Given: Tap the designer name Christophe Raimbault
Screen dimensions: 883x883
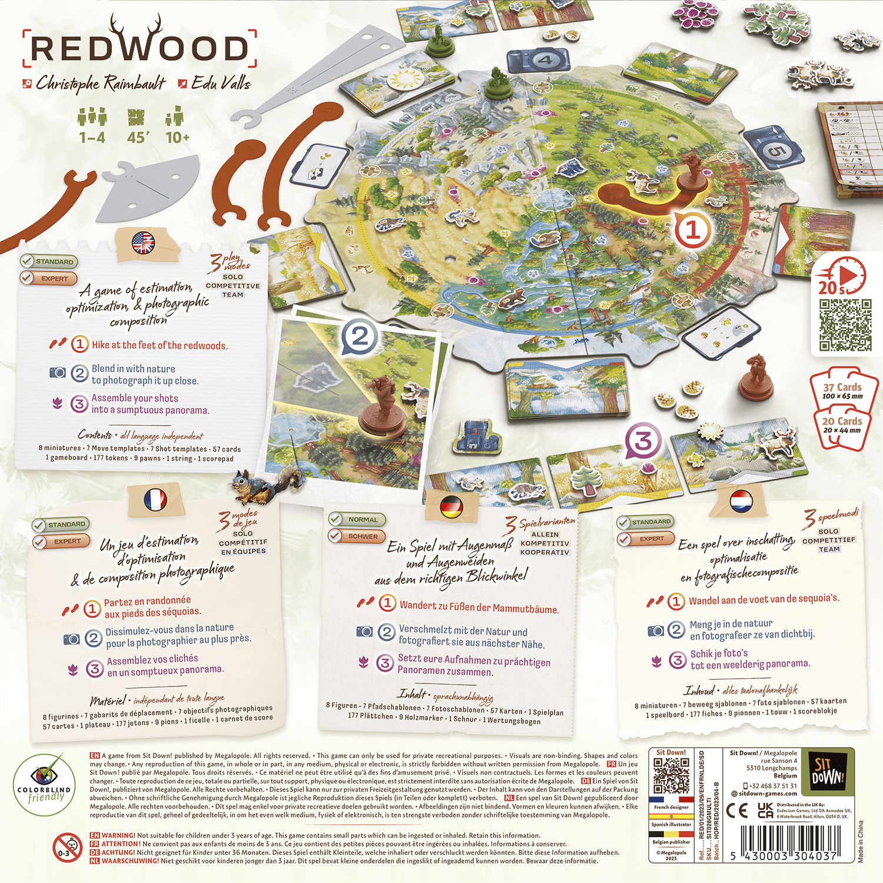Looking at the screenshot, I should click(101, 84).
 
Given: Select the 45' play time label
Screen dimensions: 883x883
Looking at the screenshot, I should click(137, 137).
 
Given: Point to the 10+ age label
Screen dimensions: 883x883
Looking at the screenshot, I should click(177, 137).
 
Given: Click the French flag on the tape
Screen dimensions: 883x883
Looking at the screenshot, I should click(155, 500).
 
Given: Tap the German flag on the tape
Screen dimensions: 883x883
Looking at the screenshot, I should click(451, 506).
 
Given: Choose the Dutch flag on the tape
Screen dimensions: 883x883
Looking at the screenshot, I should click(741, 502).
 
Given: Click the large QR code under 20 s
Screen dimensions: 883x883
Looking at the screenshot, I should click(845, 324).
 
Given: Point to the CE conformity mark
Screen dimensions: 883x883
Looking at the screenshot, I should click(736, 811).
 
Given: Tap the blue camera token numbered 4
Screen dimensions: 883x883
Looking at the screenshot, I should click(539, 61).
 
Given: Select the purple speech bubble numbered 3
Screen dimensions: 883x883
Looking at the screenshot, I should click(643, 441).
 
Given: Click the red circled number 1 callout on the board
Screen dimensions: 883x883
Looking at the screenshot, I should click(692, 230).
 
